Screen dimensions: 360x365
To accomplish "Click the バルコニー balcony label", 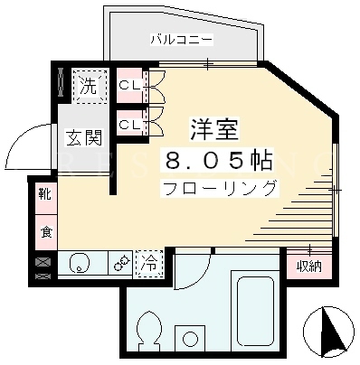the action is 182,40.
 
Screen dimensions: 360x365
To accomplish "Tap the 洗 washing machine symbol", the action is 90,87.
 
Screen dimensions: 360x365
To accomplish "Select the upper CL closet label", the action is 129,86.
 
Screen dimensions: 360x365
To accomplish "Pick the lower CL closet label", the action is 129,125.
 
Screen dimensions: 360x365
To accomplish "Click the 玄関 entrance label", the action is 84,137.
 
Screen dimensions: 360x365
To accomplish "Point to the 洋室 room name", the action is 214,130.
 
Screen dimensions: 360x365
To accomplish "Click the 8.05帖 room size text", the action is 219,160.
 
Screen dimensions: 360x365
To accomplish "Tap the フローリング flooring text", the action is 220,189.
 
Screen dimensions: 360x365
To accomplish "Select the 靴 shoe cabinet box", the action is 46,196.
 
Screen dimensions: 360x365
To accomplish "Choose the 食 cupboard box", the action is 46,232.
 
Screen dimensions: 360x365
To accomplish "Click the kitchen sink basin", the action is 80,262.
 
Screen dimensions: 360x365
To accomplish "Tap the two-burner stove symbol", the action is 121,263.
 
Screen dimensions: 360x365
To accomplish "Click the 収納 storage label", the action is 309,267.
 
